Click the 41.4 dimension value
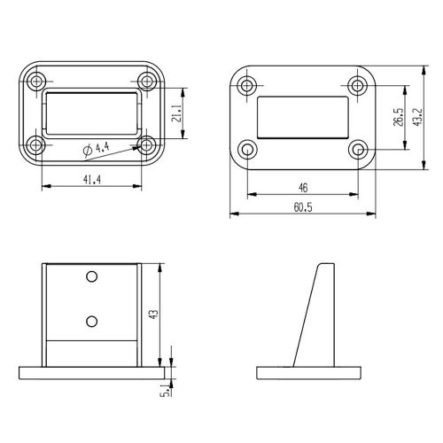tap(90, 180)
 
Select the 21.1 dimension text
tap(177, 113)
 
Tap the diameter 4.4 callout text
tap(95, 152)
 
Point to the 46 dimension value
tap(303, 188)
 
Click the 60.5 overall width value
tap(303, 207)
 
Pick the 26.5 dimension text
tap(399, 117)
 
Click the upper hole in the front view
tap(91, 277)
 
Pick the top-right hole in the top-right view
tap(357, 86)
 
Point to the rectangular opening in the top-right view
tap(302, 117)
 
